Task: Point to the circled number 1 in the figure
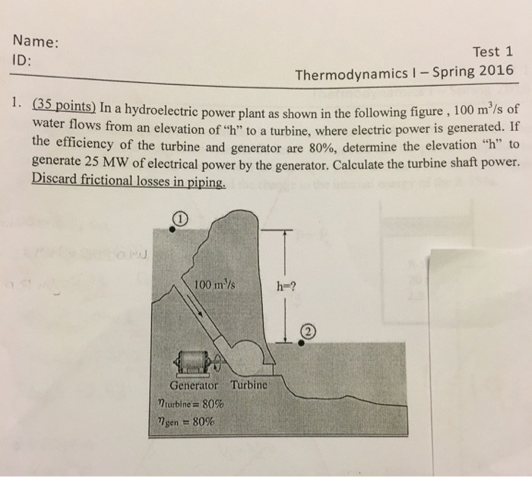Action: coord(177,219)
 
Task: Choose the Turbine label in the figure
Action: coord(248,385)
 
